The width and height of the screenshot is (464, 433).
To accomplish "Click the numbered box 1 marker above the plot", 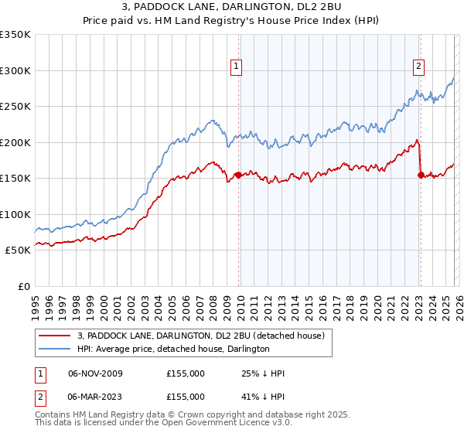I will point(237,66).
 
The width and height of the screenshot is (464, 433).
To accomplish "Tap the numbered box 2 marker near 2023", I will point(418,66).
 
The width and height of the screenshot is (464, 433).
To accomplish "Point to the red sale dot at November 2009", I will point(238,175).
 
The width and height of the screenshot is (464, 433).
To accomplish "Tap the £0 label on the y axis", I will point(23,286).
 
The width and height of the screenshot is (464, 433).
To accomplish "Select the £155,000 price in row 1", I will point(185,373).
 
